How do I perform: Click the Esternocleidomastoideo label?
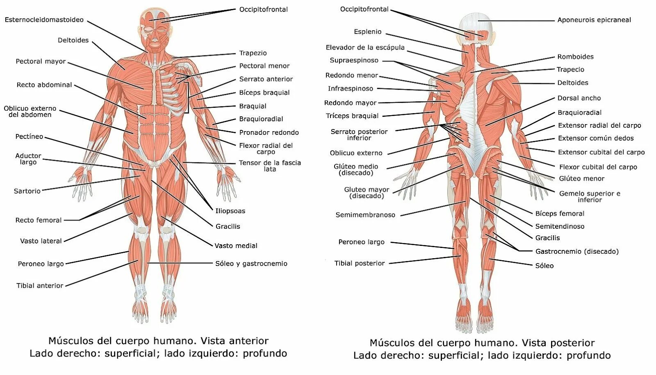pyautogui.click(x=44, y=20)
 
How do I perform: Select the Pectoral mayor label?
pyautogui.click(x=41, y=61)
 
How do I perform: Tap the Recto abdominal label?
pyautogui.click(x=44, y=85)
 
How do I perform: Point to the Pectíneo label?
pyautogui.click(x=29, y=136)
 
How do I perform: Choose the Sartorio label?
pyautogui.click(x=27, y=191)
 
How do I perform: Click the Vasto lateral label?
pyautogui.click(x=41, y=241)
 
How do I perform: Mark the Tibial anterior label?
pyautogui.click(x=40, y=286)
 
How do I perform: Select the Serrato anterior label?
pyautogui.click(x=266, y=79)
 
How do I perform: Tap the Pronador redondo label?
pyautogui.click(x=269, y=132)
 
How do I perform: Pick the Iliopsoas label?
pyautogui.click(x=230, y=211)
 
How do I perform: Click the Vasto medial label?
pyautogui.click(x=236, y=246)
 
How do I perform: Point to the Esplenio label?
pyautogui.click(x=368, y=32)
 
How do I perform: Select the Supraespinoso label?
pyautogui.click(x=354, y=60)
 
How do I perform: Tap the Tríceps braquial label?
pyautogui.click(x=353, y=116)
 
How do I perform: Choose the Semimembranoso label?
pyautogui.click(x=365, y=215)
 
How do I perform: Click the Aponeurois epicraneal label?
pyautogui.click(x=594, y=20)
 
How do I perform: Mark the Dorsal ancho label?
pyautogui.click(x=579, y=98)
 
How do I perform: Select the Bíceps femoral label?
pyautogui.click(x=560, y=214)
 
